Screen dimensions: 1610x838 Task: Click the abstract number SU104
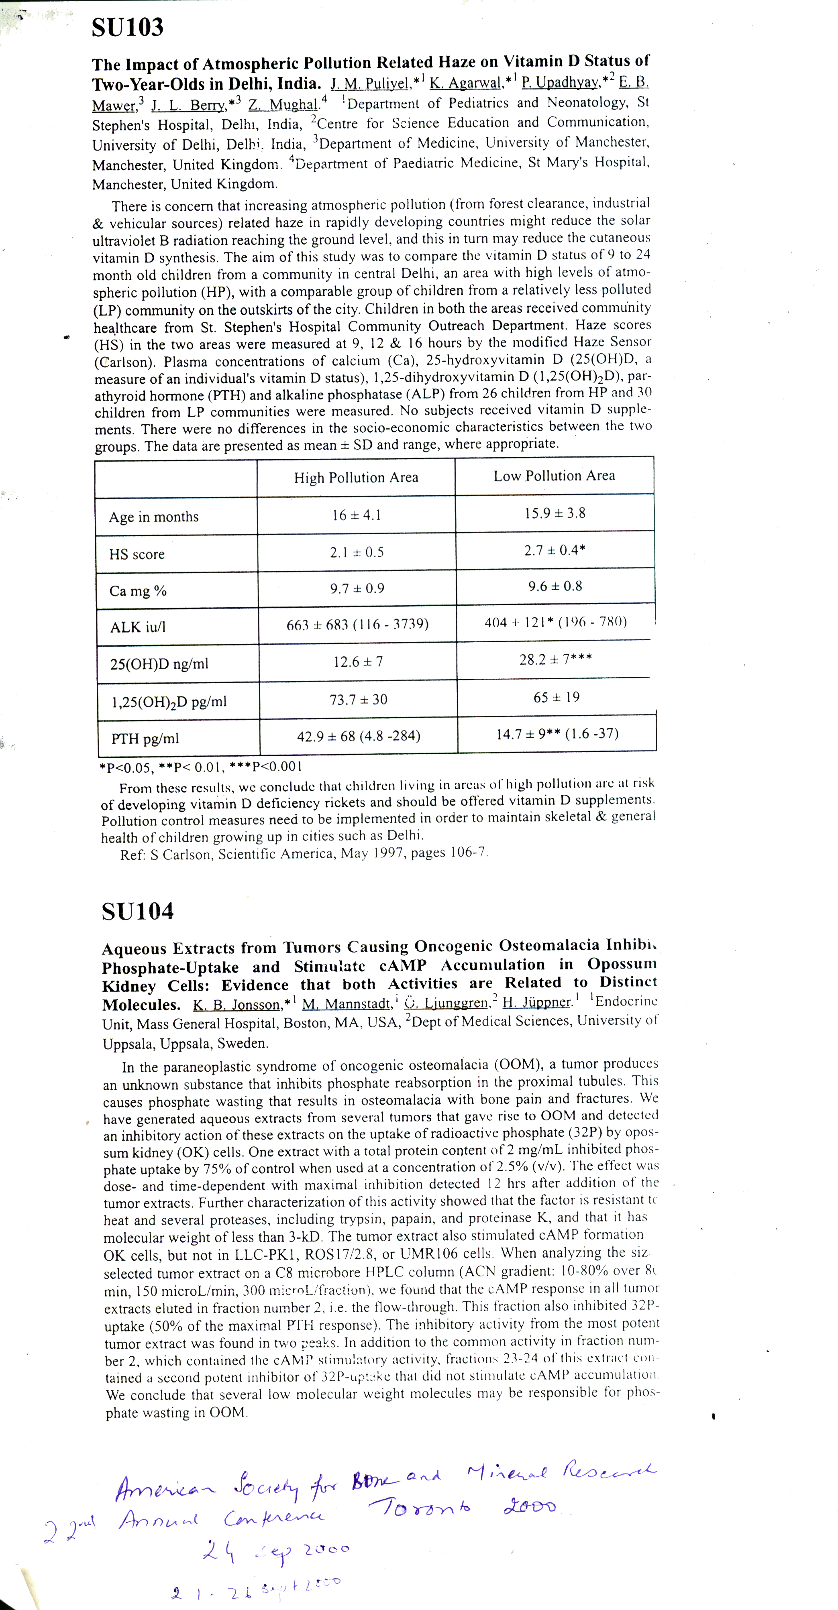[x=138, y=911]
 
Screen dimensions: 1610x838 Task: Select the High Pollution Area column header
[x=356, y=478]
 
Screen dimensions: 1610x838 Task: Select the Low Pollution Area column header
[x=554, y=476]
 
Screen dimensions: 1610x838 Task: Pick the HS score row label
[x=137, y=554]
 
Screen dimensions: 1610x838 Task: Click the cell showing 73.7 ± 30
[x=358, y=699]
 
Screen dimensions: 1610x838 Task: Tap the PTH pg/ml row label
[x=145, y=739]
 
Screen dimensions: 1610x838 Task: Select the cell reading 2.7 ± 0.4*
[x=555, y=550]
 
